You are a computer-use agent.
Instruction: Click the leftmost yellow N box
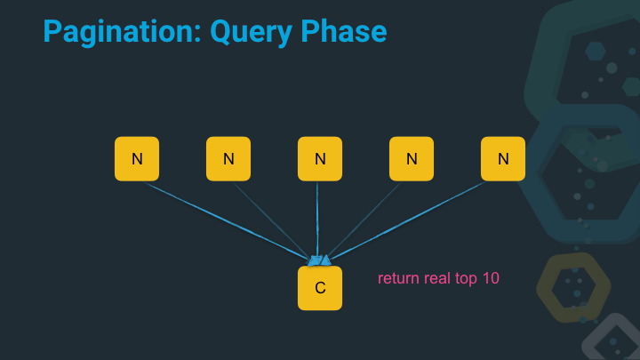137,159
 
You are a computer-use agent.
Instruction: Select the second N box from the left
228,159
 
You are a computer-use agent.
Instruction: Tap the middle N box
320,159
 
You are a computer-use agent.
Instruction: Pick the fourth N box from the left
412,159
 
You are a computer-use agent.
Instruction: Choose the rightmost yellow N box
503,159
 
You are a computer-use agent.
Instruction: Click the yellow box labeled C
320,288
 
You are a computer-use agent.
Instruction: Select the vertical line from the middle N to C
317,218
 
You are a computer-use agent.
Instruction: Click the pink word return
397,278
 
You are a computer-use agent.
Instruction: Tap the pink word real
437,278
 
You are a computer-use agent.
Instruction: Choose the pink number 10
491,278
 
